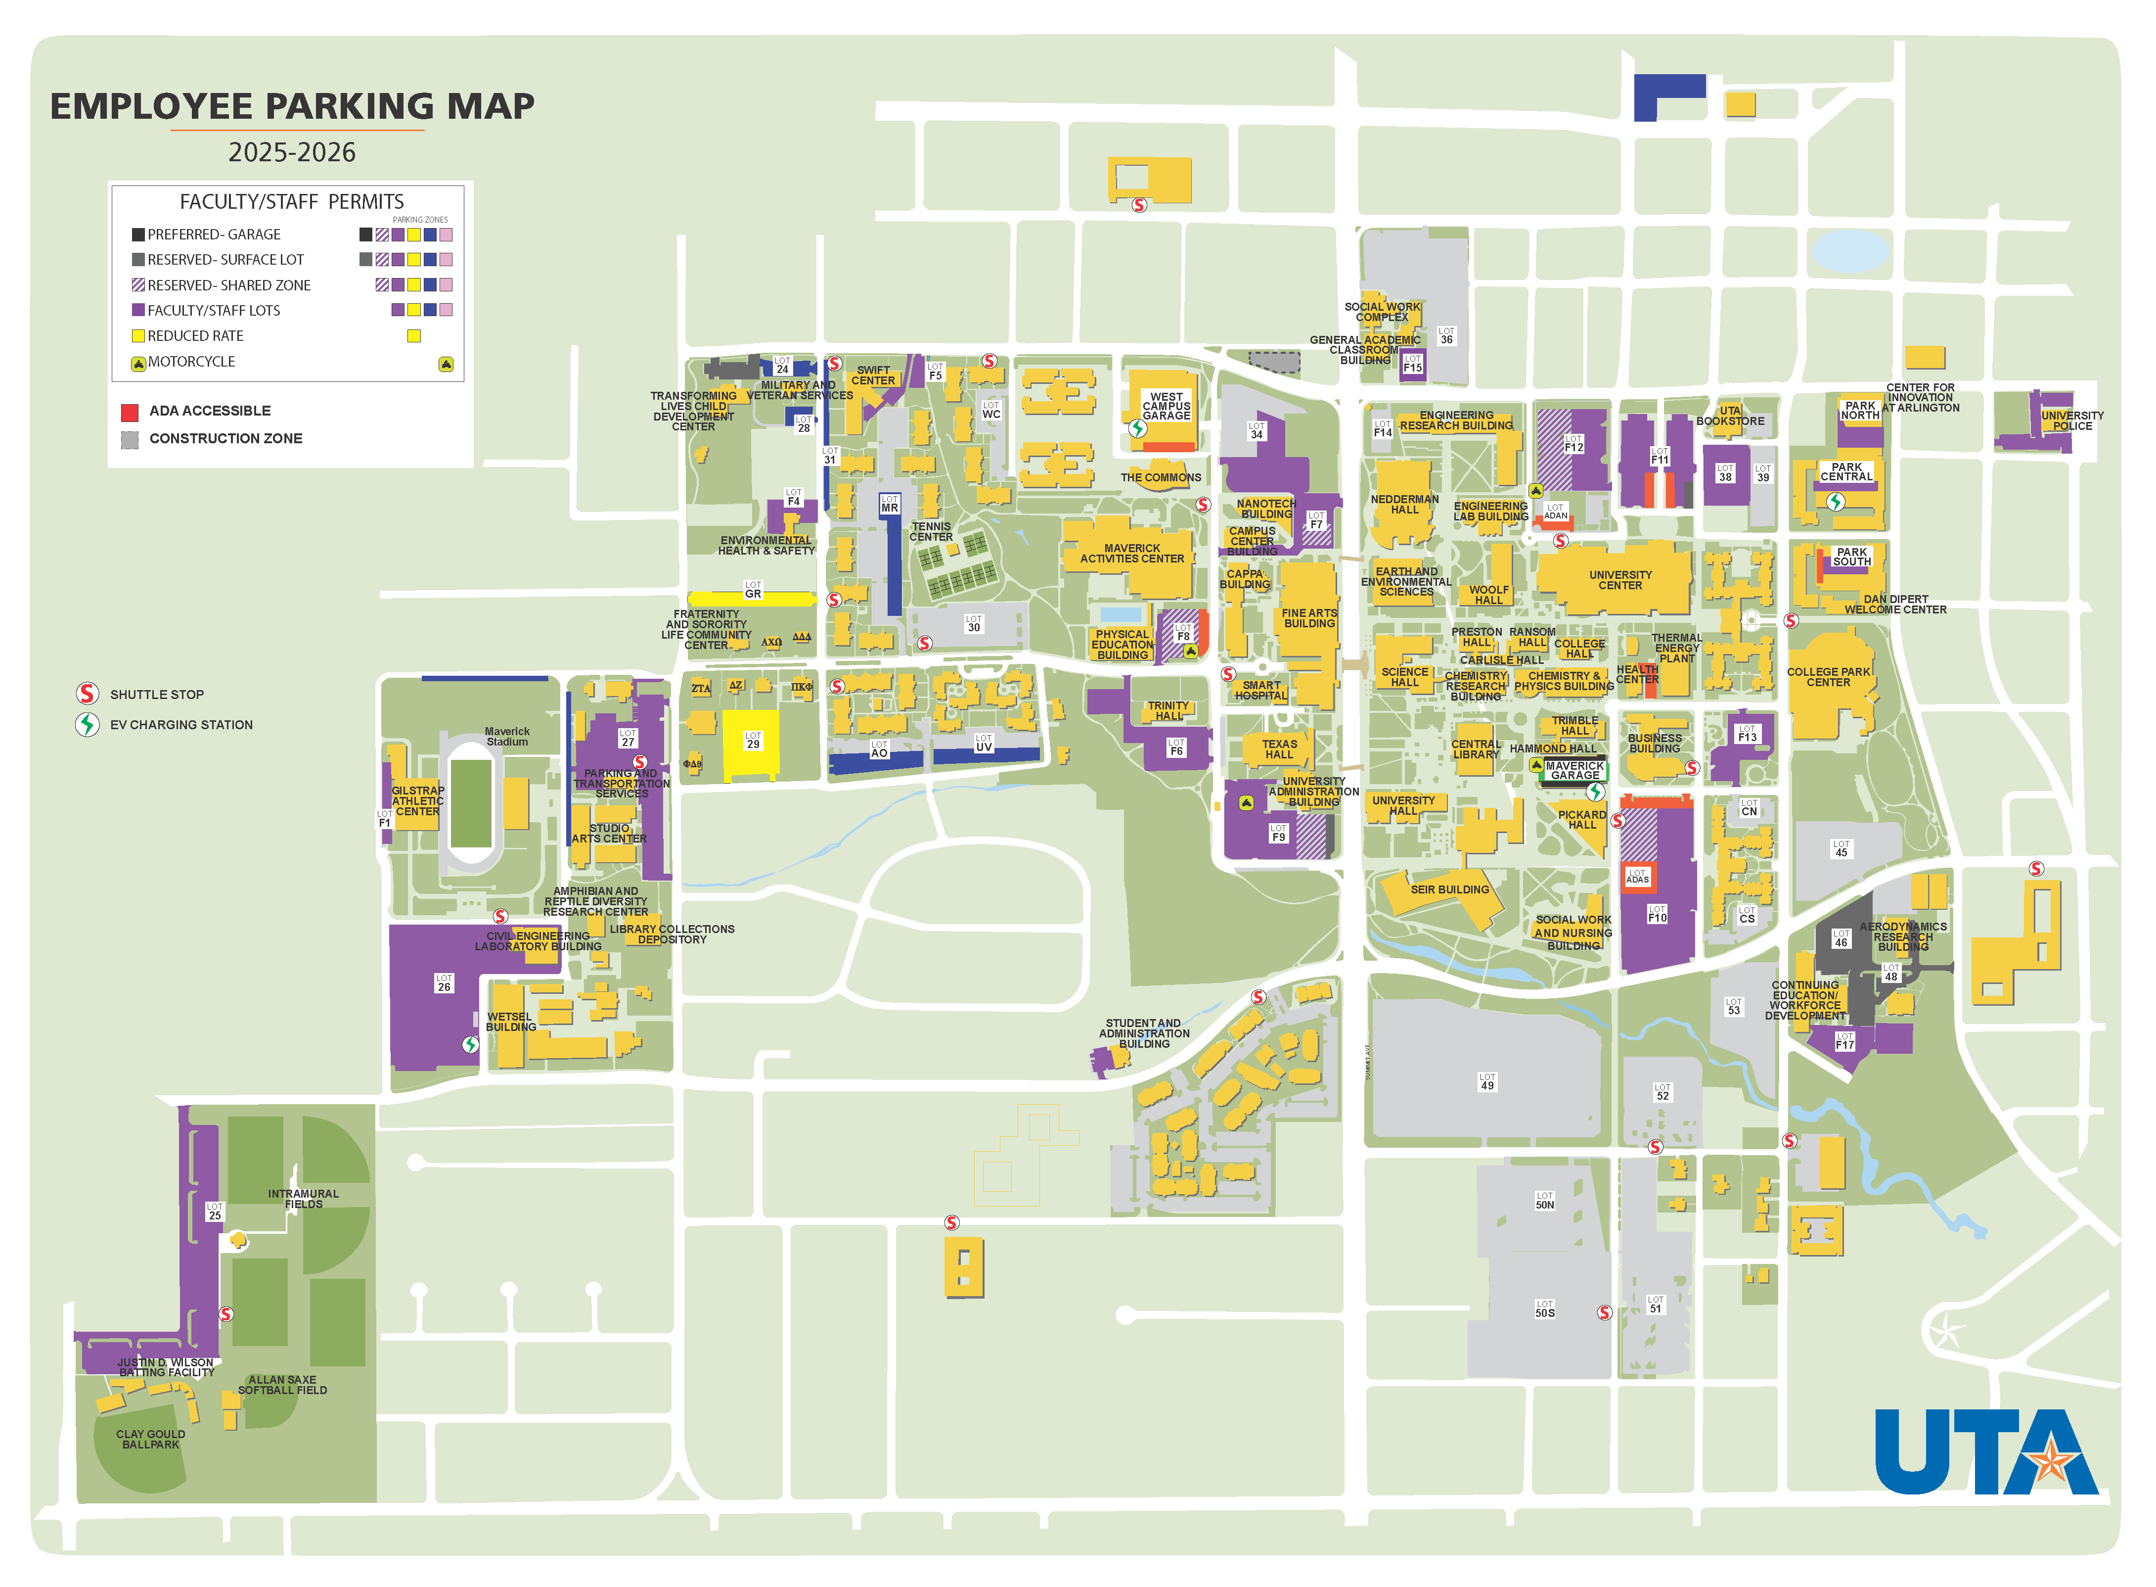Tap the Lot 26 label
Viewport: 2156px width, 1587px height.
tap(444, 983)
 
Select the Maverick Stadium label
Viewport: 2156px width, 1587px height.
tap(507, 737)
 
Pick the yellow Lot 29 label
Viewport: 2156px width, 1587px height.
tap(753, 741)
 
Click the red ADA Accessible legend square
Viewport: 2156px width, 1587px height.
tap(130, 412)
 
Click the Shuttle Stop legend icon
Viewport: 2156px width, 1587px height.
tap(88, 694)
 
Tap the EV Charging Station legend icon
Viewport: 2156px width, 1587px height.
tap(88, 724)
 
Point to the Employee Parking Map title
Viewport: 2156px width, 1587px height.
tap(292, 106)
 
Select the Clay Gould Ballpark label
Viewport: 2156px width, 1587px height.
tap(151, 1439)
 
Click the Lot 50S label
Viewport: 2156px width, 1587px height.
tap(1544, 1309)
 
